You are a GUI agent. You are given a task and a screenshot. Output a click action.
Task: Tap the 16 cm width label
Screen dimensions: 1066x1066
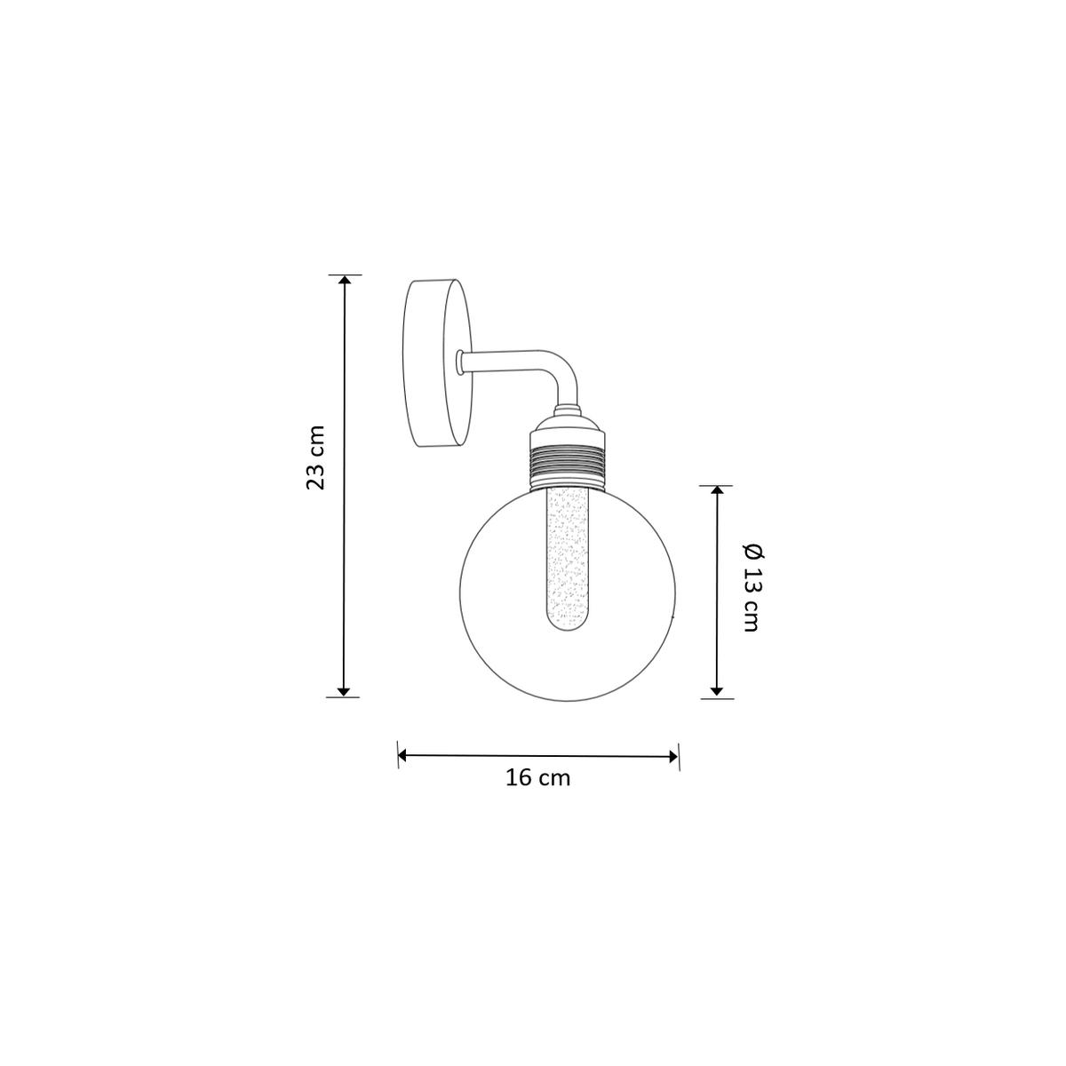click(x=537, y=778)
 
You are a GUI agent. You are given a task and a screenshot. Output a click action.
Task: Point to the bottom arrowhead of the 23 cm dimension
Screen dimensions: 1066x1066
click(x=344, y=692)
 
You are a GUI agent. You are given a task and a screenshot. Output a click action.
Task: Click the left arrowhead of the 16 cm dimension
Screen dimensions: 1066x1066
click(x=402, y=756)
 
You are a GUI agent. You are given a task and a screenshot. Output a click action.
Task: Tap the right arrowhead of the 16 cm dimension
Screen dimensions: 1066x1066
click(x=673, y=756)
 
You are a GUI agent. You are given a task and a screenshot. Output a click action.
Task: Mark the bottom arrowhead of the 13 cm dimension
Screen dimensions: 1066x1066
click(x=716, y=692)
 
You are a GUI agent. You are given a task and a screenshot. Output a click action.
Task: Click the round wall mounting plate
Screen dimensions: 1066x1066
click(x=438, y=362)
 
